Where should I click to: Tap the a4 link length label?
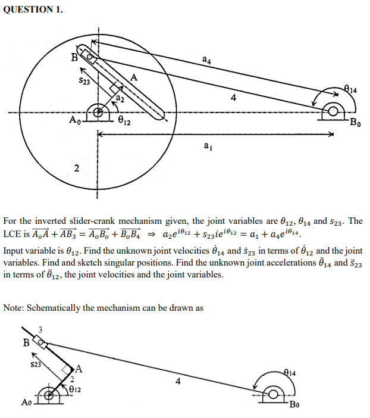point(205,60)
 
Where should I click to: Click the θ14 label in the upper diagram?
point(350,89)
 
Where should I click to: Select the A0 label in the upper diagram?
point(74,120)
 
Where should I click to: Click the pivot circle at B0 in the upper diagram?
point(333,112)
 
